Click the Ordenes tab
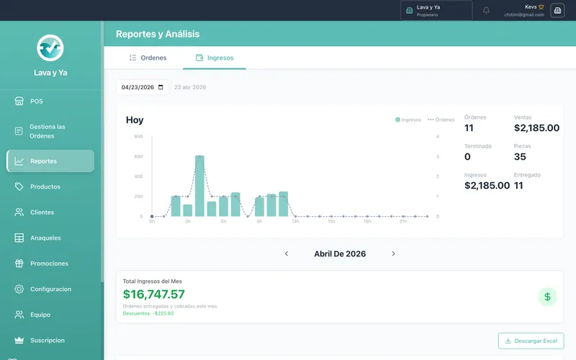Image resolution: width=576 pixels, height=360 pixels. tap(148, 58)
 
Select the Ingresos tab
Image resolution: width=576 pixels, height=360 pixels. tap(215, 58)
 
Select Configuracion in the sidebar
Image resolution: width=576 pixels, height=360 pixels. tap(50, 289)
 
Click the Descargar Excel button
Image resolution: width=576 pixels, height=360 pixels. tap(531, 341)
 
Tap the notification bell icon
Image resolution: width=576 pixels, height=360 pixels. tap(486, 10)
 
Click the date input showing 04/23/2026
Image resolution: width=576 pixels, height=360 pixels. tap(143, 87)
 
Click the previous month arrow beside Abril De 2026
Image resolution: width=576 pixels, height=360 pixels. tap(287, 253)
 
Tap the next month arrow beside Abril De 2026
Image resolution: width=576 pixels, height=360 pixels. tap(393, 253)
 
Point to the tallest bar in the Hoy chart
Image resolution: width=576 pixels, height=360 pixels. tap(199, 186)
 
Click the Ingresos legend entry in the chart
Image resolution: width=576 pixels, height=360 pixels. tap(408, 120)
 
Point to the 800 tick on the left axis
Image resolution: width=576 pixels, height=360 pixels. tap(138, 137)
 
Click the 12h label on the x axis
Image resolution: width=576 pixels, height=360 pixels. tap(295, 222)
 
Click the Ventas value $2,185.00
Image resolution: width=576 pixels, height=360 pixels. tap(536, 128)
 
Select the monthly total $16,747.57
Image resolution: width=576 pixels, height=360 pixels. tap(154, 294)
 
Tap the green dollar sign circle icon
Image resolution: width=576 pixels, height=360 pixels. tap(547, 297)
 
